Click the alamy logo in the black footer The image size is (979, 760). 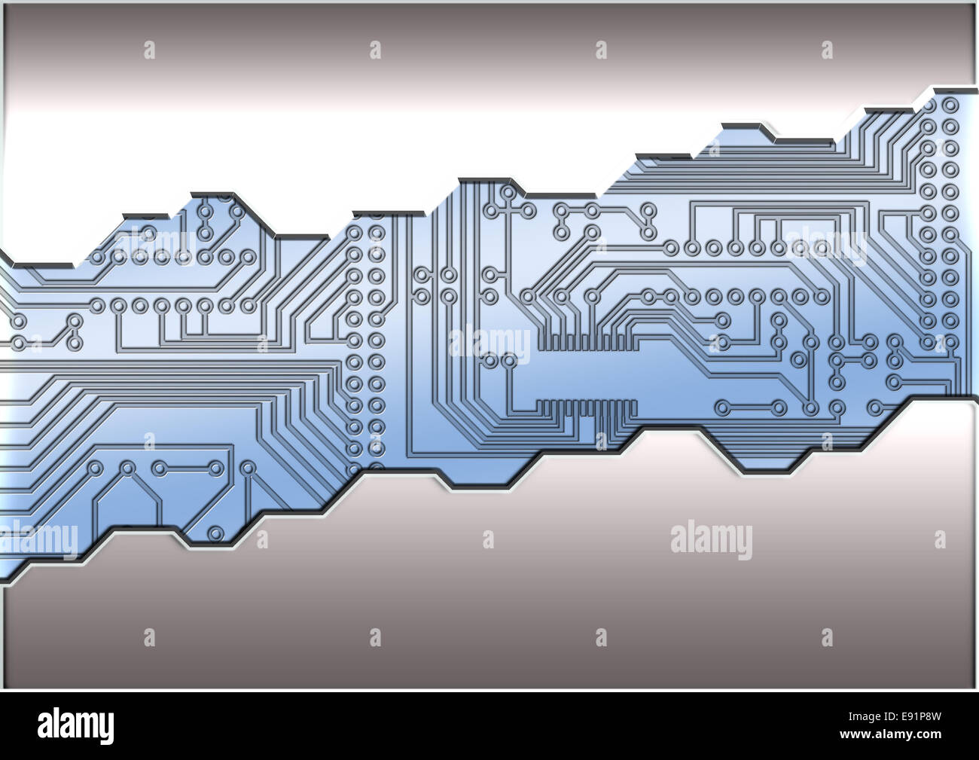75,725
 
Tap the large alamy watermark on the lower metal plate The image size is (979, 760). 711,540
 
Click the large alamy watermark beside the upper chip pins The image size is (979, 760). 489,343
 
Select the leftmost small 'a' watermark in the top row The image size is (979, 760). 149,50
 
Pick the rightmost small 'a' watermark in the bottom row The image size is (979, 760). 827,638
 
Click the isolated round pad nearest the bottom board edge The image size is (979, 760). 216,533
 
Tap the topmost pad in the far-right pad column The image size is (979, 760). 950,105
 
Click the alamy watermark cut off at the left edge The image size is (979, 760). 38,540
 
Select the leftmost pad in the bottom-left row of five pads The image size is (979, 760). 95,469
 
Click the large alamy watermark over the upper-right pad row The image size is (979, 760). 825,246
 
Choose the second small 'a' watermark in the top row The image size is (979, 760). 375,50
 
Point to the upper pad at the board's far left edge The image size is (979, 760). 19,322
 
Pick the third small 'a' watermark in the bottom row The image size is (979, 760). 600,638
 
